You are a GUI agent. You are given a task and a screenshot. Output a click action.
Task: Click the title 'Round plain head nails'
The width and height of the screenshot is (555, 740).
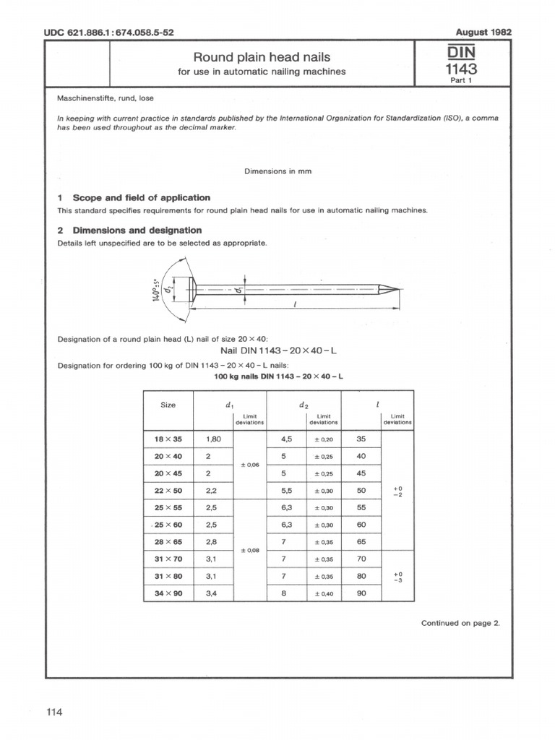coord(262,57)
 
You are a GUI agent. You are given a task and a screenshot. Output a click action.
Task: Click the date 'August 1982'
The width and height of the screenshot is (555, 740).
coord(484,33)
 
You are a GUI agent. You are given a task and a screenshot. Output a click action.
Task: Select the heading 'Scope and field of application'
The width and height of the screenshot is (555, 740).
coord(141,197)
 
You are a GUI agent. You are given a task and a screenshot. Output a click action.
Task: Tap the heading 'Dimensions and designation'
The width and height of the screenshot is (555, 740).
coord(137,230)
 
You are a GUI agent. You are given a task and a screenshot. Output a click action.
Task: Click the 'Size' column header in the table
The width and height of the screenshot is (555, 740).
coord(168,405)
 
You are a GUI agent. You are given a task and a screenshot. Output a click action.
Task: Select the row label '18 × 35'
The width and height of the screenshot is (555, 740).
coord(168,439)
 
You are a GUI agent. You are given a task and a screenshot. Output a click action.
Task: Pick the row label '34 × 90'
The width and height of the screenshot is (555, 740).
coord(168,593)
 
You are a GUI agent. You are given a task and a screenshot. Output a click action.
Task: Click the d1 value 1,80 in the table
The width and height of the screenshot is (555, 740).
coord(213,439)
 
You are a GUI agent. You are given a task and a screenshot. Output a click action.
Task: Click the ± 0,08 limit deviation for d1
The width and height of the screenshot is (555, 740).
coord(249,551)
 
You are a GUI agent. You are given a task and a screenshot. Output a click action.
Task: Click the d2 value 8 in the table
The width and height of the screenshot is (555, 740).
coord(284,593)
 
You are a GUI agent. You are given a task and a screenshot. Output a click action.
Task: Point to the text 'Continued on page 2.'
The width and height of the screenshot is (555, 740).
coord(460,623)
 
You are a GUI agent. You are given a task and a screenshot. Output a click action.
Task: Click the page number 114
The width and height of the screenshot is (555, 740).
coord(55,713)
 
